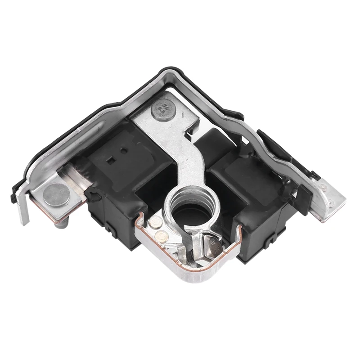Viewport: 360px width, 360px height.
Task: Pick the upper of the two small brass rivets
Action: tap(157, 221)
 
